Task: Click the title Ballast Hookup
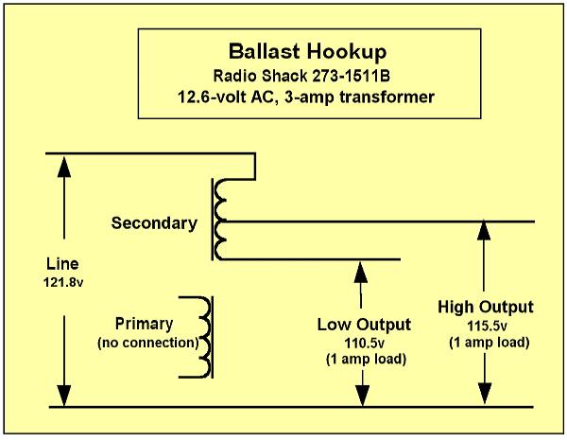coord(307,52)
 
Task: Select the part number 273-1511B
coord(351,76)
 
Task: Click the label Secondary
coord(154,222)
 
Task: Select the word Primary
coord(144,324)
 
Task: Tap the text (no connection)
coord(148,343)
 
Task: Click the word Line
coord(62,264)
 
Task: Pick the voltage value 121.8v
coord(63,282)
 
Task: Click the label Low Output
coord(364,325)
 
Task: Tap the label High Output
coord(486,307)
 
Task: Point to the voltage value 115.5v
coord(487,326)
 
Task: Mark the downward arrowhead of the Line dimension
coord(64,396)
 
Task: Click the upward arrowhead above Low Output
coord(361,272)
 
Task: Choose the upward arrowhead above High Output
coord(484,229)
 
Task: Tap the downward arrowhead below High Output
coord(485,394)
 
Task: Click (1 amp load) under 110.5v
coord(366,359)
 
